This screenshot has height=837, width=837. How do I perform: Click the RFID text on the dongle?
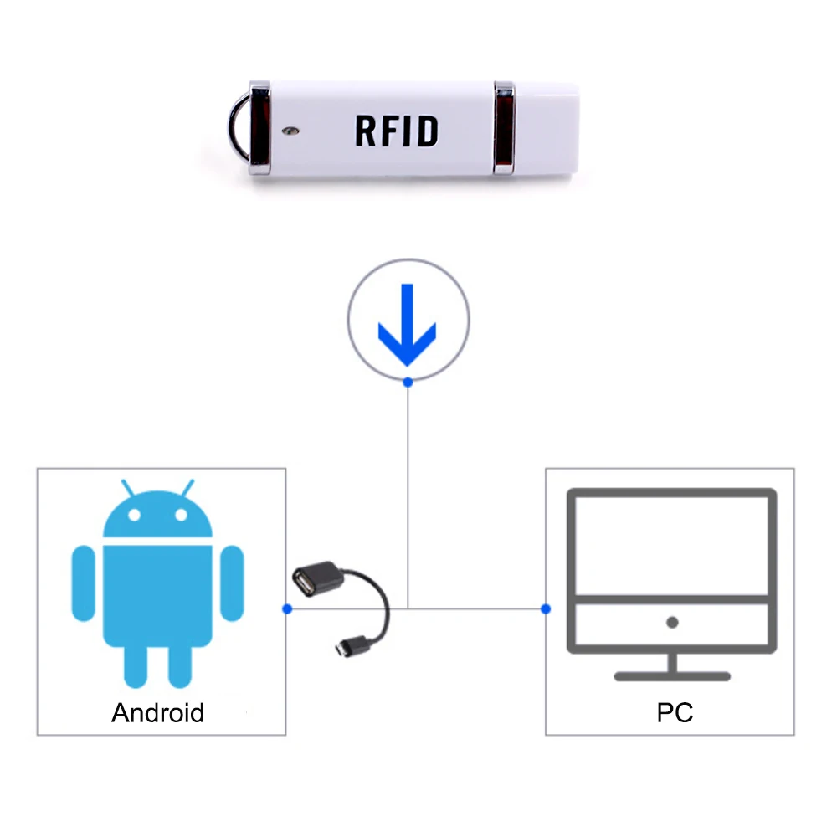pos(396,131)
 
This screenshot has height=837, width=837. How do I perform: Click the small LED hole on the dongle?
pos(290,130)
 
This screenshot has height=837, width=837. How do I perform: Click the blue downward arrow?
pos(408,323)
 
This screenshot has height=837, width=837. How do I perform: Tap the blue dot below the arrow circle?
pos(408,382)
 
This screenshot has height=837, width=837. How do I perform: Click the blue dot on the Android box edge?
pos(286,608)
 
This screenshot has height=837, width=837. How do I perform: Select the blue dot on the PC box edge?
pos(546,608)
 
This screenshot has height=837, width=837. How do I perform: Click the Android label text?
pos(157,713)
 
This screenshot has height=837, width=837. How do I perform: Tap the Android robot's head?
pos(157,517)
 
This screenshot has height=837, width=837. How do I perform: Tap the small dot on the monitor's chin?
pos(672,622)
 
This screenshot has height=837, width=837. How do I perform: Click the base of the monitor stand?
pos(672,675)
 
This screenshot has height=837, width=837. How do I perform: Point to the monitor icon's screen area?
pos(672,543)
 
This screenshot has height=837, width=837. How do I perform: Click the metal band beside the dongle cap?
pos(505,127)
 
